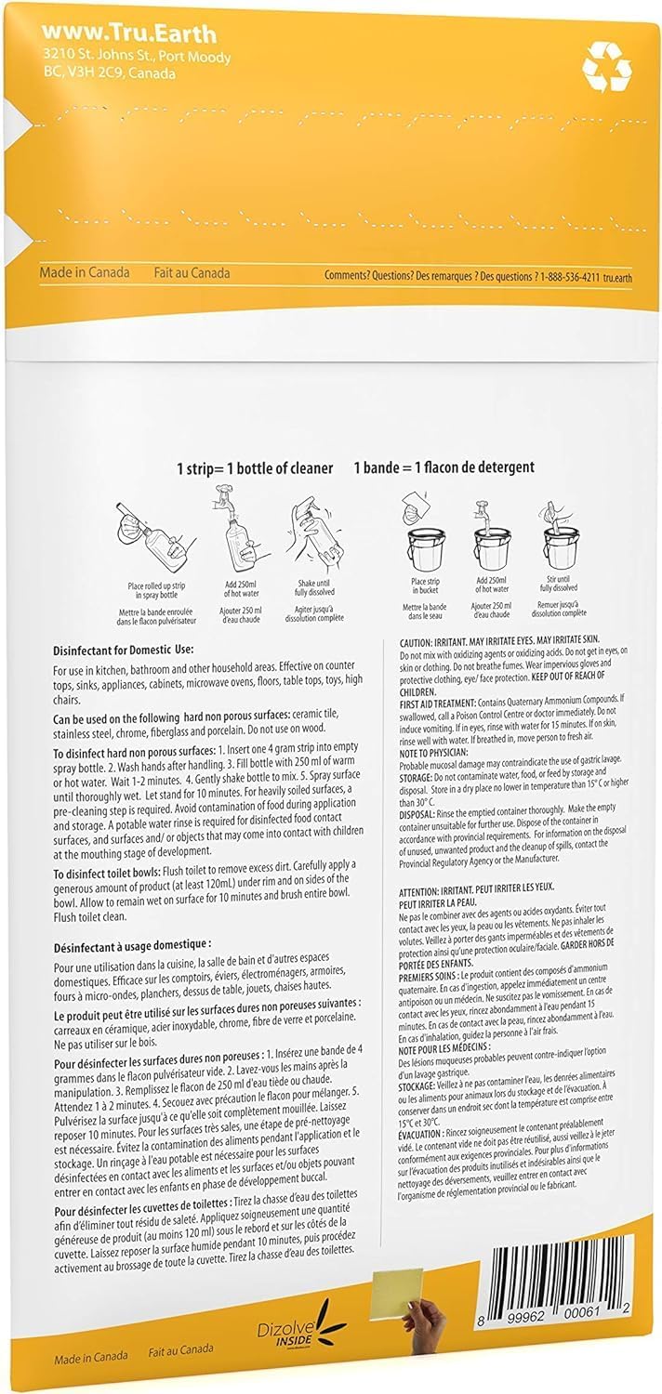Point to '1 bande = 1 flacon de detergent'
point(444,467)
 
